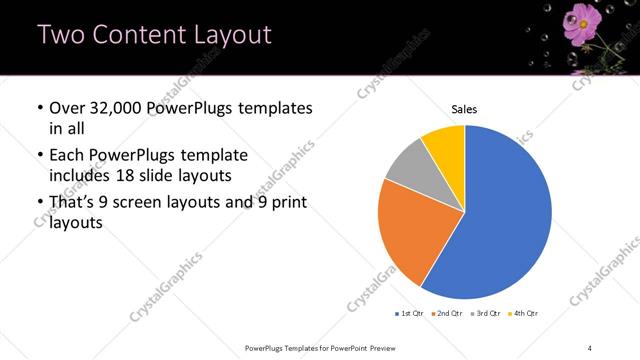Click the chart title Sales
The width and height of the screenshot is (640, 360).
pyautogui.click(x=465, y=109)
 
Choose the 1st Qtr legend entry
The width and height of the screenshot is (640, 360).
pyautogui.click(x=410, y=314)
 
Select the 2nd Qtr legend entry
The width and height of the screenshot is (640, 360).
pyautogui.click(x=449, y=314)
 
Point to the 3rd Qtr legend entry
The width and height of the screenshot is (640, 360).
pyautogui.click(x=487, y=314)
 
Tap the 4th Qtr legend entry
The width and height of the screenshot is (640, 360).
pyautogui.click(x=525, y=314)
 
